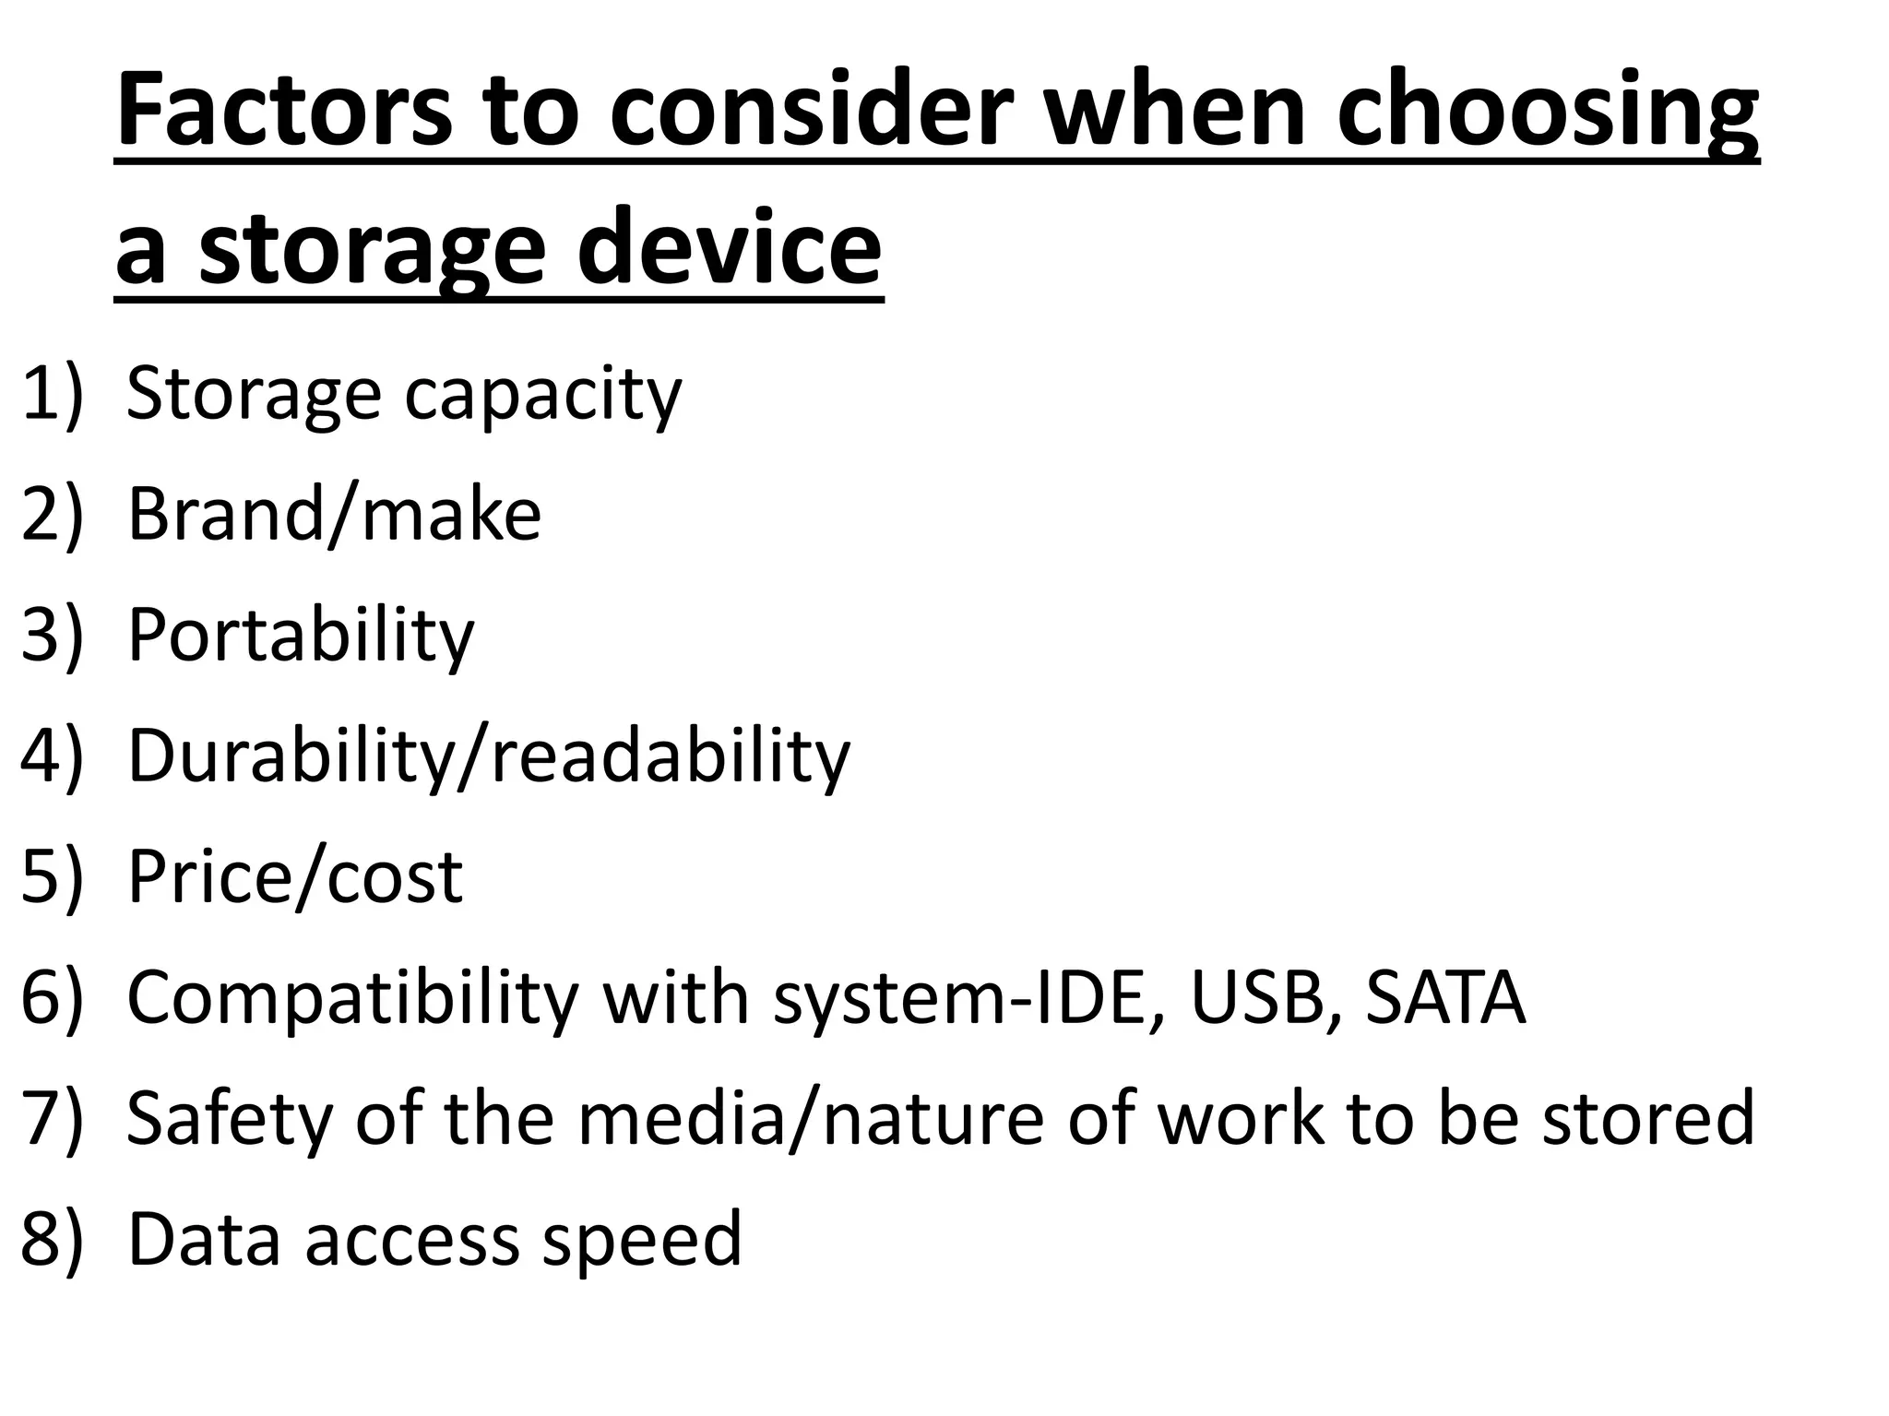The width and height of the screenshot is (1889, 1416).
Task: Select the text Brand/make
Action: pos(334,514)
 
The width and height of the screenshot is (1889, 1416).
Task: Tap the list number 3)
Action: pos(52,635)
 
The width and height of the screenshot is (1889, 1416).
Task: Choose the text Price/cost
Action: pos(294,876)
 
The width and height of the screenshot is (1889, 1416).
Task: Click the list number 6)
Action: pos(52,997)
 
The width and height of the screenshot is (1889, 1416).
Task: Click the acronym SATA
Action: pos(1445,997)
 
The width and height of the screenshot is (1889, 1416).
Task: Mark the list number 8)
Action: pos(52,1238)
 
